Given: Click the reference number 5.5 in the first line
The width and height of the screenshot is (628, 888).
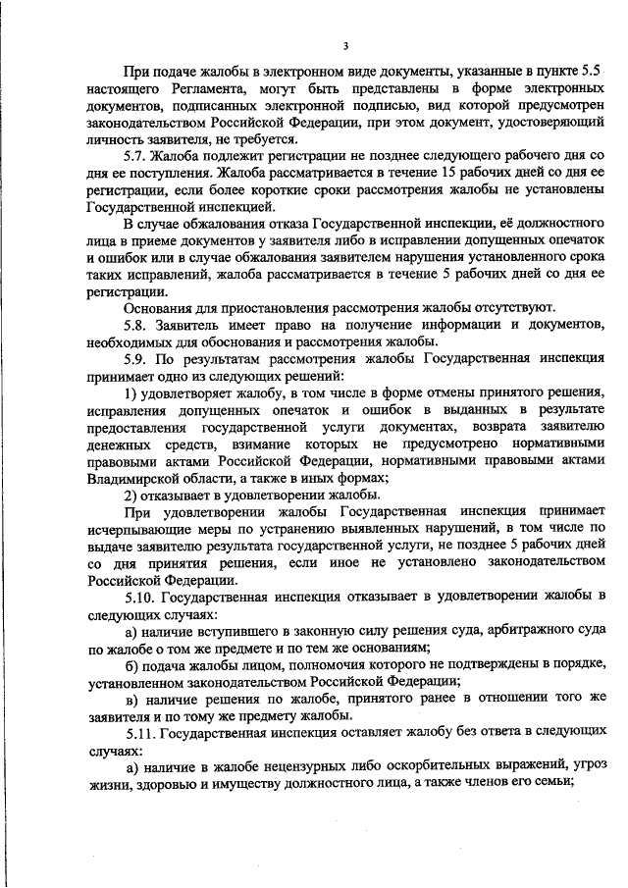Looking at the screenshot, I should click(590, 71).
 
